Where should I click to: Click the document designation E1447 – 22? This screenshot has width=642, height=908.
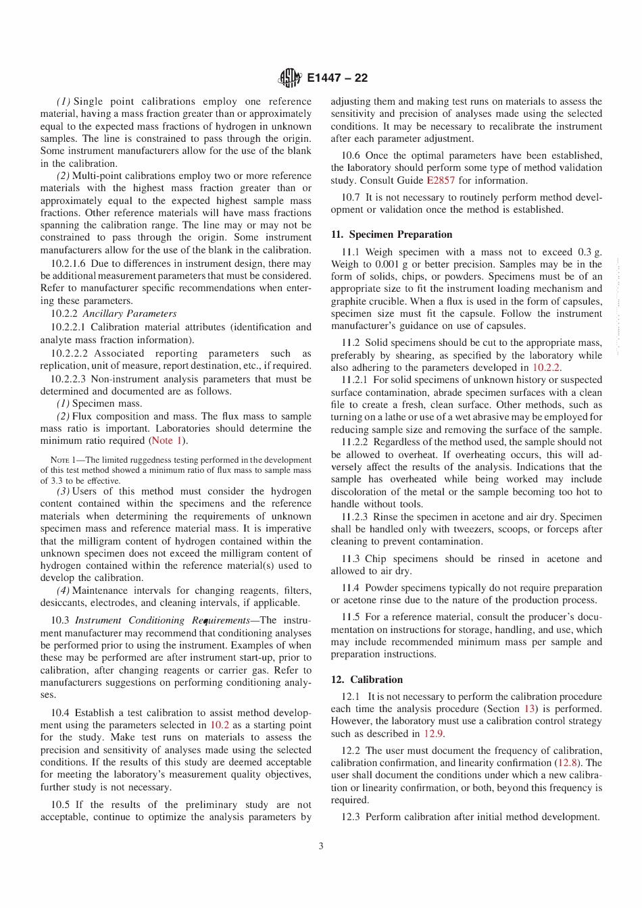[x=337, y=78]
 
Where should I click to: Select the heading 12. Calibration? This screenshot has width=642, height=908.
[x=366, y=680]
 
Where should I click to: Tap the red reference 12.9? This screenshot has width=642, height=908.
[x=433, y=734]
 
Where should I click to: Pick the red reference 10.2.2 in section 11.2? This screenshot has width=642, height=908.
[x=546, y=368]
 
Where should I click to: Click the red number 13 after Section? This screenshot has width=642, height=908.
[x=530, y=709]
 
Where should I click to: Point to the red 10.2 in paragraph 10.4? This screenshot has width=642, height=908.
[x=220, y=725]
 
